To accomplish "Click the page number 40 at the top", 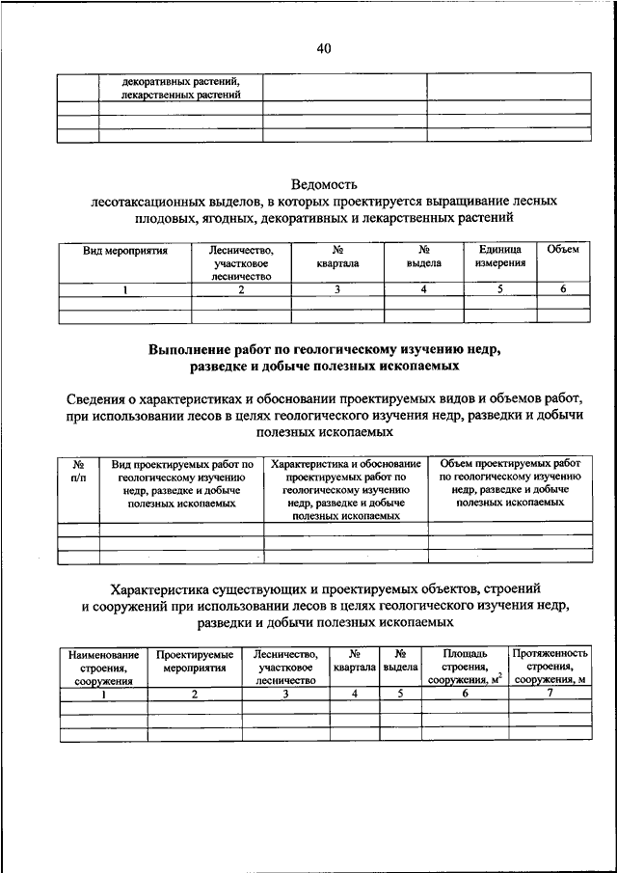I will pyautogui.click(x=323, y=49).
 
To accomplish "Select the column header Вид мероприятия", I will pyautogui.click(x=125, y=250).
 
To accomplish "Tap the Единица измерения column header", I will pyautogui.click(x=500, y=256).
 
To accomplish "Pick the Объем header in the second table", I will pyautogui.click(x=563, y=250).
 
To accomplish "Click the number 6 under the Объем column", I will pyautogui.click(x=563, y=289).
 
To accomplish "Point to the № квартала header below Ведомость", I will pyautogui.click(x=337, y=256).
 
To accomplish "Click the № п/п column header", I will pyautogui.click(x=78, y=471).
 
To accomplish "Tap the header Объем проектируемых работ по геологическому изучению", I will pyautogui.click(x=510, y=483).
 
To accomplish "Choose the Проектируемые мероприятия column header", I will pyautogui.click(x=195, y=661).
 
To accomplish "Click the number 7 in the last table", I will pyautogui.click(x=550, y=694).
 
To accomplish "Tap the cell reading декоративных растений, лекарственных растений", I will pyautogui.click(x=180, y=88).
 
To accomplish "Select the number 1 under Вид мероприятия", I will pyautogui.click(x=125, y=289).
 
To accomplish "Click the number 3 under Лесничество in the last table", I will pyautogui.click(x=285, y=694).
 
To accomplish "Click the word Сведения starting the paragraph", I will pyautogui.click(x=101, y=399).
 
